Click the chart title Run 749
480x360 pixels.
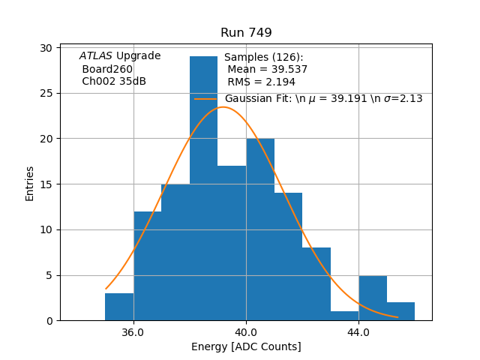click(246, 33)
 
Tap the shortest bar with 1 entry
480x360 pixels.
click(344, 316)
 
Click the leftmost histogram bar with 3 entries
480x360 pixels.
click(119, 307)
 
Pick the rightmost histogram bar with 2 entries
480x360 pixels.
click(400, 311)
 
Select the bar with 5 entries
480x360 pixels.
click(373, 298)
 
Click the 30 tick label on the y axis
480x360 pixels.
click(46, 48)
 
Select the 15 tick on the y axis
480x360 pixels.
click(46, 184)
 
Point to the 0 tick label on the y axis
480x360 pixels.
click(49, 321)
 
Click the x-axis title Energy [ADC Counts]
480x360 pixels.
click(246, 346)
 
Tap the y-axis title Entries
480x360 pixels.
click(30, 184)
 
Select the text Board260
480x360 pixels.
click(107, 69)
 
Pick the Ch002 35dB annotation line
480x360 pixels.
click(114, 82)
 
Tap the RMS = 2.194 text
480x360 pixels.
click(262, 82)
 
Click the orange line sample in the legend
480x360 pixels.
click(206, 98)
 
